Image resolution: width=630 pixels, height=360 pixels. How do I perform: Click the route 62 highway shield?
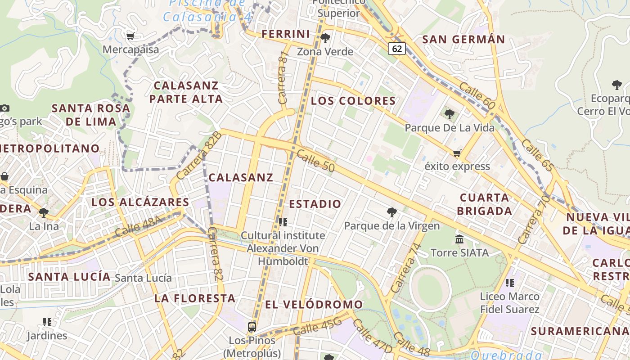point(397,48)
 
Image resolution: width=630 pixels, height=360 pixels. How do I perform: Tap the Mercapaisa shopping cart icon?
point(130,36)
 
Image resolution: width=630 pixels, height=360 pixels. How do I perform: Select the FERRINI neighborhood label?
point(286,34)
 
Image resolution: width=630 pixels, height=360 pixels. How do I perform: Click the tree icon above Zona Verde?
point(325,38)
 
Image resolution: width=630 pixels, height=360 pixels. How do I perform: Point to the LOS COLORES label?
point(353,100)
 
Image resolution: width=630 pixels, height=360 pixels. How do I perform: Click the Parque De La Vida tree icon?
point(449,114)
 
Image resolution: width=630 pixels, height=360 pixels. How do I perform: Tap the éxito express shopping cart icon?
point(457,153)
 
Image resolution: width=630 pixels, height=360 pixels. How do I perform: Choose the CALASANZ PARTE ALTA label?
point(186,92)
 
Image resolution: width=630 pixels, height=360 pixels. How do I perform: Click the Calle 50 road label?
point(316,161)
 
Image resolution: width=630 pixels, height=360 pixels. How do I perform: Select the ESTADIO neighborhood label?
point(315,204)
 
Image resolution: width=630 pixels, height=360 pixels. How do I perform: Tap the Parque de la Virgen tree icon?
point(392,212)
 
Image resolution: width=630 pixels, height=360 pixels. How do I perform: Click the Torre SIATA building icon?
point(459,239)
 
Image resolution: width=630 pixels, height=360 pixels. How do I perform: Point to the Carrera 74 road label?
point(406,268)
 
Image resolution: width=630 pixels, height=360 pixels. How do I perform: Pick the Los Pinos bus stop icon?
point(252,327)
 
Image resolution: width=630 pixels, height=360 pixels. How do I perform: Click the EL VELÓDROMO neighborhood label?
point(314,305)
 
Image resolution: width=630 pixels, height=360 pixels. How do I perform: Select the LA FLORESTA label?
point(195,298)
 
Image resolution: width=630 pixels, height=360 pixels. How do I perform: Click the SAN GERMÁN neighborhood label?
point(463,39)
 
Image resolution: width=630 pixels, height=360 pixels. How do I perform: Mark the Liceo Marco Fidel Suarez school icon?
point(509,283)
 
